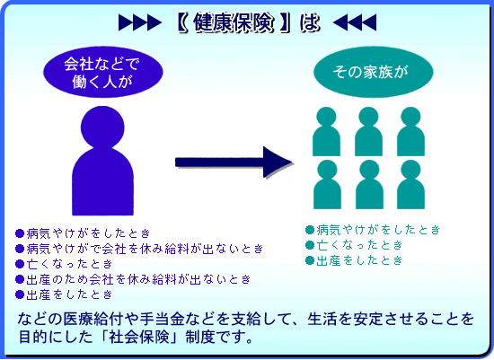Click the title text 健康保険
point(233,22)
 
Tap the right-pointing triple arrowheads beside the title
point(140,22)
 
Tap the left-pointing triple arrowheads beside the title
point(355,22)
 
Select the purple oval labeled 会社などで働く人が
point(103,72)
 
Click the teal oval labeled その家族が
point(373,72)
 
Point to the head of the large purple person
point(102,127)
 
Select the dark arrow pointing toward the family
point(234,162)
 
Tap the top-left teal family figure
point(326,131)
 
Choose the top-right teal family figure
point(410,131)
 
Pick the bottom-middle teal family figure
point(369,185)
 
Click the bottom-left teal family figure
point(327,185)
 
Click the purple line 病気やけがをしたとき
point(88,233)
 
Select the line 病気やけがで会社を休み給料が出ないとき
point(145,249)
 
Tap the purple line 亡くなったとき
point(69,264)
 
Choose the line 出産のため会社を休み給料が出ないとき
point(138,279)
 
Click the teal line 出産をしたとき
point(359,260)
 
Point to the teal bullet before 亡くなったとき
point(310,245)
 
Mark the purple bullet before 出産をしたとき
point(20,294)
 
